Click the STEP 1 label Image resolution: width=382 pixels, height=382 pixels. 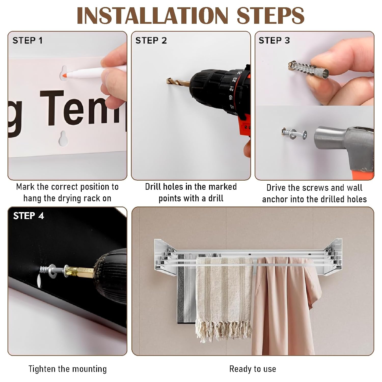[28, 40]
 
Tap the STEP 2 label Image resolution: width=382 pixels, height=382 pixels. [151, 40]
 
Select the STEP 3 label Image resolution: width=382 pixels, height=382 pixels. [274, 40]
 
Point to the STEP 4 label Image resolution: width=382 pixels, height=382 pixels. [29, 216]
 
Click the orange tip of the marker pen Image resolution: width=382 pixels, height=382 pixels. [65, 75]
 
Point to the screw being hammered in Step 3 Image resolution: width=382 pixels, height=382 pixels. [294, 134]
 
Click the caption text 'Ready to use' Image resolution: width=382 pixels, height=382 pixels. [253, 369]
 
